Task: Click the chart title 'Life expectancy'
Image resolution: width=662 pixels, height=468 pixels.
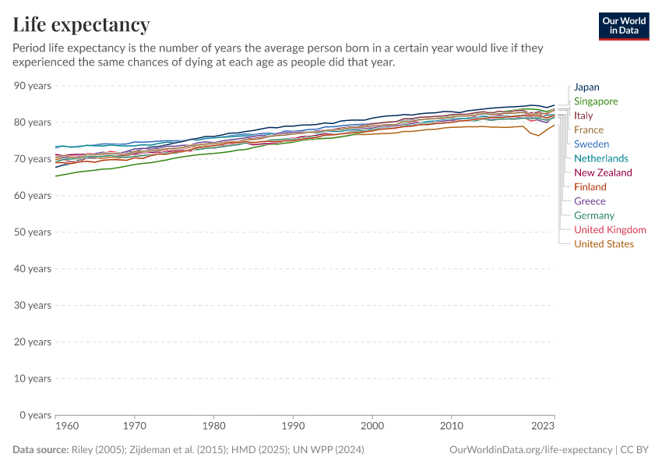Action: pyautogui.click(x=81, y=25)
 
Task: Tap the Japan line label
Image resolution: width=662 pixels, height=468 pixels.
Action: pyautogui.click(x=586, y=87)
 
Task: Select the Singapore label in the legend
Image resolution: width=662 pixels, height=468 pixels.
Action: pyautogui.click(x=596, y=101)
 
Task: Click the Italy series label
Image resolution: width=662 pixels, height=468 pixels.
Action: pyautogui.click(x=583, y=115)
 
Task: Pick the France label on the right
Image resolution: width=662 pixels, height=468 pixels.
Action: pyautogui.click(x=589, y=129)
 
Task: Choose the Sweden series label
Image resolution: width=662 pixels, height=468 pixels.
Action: pyautogui.click(x=591, y=144)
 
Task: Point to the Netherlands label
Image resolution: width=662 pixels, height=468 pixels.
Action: pyautogui.click(x=600, y=158)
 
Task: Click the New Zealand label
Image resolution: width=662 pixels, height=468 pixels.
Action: pyautogui.click(x=603, y=172)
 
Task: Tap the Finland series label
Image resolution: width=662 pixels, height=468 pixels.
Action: pyautogui.click(x=590, y=187)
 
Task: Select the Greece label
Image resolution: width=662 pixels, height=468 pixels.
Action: pyautogui.click(x=590, y=201)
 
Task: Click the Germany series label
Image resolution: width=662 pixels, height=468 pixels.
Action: pyautogui.click(x=594, y=215)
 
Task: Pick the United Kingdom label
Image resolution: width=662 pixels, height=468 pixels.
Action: pyautogui.click(x=610, y=229)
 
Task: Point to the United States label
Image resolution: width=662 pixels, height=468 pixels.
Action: pyautogui.click(x=604, y=244)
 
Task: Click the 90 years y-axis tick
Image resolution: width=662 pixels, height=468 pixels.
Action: pyautogui.click(x=33, y=85)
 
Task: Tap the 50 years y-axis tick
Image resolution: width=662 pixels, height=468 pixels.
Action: pyautogui.click(x=33, y=232)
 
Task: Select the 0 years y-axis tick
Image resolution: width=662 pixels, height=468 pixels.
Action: pyautogui.click(x=35, y=415)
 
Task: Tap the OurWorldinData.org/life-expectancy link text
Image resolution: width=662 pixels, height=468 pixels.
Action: pyautogui.click(x=531, y=450)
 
